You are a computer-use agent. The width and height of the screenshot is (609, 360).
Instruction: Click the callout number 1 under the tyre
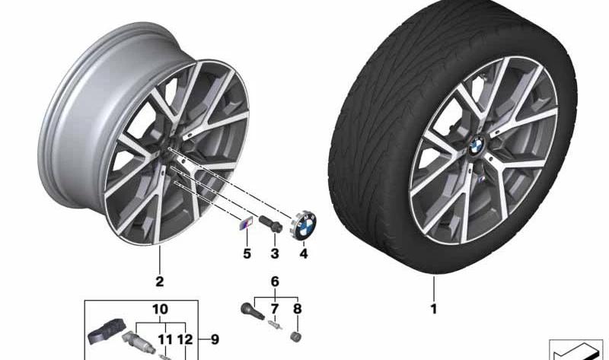tap(434, 309)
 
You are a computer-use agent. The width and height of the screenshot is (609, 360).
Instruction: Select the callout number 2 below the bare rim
tap(160, 281)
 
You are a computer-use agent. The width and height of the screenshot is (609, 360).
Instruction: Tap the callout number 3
tap(275, 253)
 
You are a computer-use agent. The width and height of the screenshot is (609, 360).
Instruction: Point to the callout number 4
tap(303, 253)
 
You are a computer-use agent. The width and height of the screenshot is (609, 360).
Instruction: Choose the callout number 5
tap(247, 253)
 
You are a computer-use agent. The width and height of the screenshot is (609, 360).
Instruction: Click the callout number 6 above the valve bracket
tap(275, 282)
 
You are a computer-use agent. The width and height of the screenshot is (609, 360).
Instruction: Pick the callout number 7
tap(275, 309)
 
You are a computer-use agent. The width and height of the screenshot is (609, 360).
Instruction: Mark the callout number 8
tap(297, 309)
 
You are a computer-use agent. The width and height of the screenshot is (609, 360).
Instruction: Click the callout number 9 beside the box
tap(215, 339)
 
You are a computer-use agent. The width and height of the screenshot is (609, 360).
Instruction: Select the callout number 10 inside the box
tap(160, 310)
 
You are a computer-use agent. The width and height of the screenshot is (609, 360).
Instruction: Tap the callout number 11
tap(164, 339)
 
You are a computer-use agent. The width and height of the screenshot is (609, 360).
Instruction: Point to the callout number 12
tap(185, 339)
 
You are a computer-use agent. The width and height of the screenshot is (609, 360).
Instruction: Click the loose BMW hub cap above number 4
tap(304, 225)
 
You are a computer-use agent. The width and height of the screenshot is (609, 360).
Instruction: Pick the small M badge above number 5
tap(244, 225)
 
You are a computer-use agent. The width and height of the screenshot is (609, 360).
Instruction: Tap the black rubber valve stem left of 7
tap(250, 308)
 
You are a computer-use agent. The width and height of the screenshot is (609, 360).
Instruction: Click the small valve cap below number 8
tap(297, 336)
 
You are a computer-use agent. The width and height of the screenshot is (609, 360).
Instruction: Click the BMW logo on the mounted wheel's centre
tap(477, 146)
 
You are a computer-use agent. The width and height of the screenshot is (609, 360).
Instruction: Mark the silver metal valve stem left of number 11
tap(139, 342)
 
